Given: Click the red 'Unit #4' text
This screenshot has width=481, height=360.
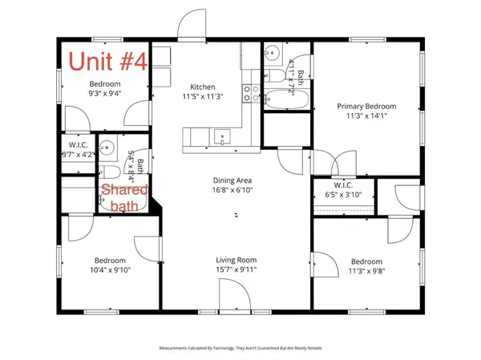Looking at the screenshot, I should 107,61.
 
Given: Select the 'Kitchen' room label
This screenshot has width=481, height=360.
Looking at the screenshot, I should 202,87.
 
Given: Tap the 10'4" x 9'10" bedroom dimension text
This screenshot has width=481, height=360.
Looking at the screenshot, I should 111,271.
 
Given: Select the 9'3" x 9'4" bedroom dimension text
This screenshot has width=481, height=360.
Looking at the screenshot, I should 104,93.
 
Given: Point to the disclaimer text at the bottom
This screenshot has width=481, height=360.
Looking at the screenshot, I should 240,348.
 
